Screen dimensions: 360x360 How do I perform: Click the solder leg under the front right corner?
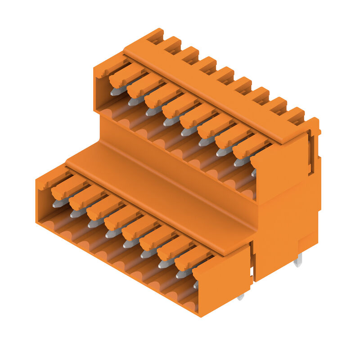tap(241, 297)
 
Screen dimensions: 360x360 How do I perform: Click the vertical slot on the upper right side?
tap(310, 153)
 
